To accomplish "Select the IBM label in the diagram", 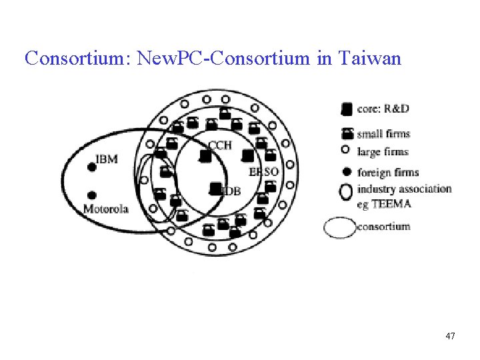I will click(107, 159).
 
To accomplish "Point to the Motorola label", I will click(106, 209).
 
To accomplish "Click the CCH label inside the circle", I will click(220, 145).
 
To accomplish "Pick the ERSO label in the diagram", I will click(264, 172).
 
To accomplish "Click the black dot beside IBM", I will click(92, 166).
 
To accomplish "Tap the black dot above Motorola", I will click(92, 195).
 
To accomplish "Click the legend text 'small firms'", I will click(383, 133).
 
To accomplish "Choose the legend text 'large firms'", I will click(383, 152).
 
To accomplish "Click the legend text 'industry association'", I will click(404, 189).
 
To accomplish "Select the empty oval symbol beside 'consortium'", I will click(340, 227).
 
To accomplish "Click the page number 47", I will click(451, 336).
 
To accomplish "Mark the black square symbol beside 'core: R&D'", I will click(347, 109).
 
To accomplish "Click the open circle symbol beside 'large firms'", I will click(346, 152).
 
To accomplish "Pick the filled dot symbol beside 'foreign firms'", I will click(347, 172).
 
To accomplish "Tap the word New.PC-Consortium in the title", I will click(223, 59).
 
